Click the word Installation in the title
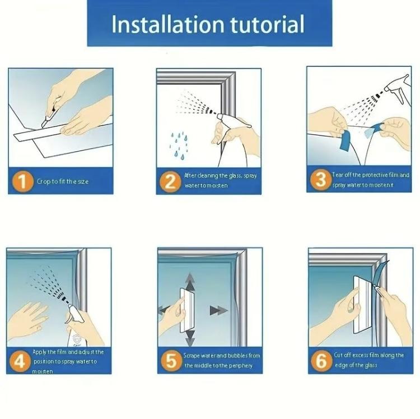click(x=161, y=24)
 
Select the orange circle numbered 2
click(x=170, y=181)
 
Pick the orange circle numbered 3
click(x=320, y=180)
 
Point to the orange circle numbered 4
click(x=20, y=361)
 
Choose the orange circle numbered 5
click(x=170, y=361)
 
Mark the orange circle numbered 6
click(x=321, y=361)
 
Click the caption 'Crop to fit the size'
click(x=63, y=181)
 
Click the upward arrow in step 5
click(x=190, y=281)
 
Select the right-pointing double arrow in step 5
click(x=216, y=310)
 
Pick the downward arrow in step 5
click(x=190, y=337)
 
